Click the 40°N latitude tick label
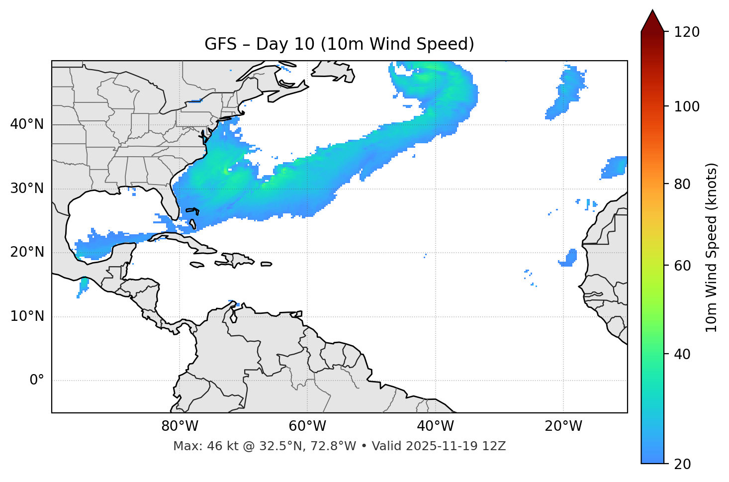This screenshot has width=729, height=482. tap(27, 124)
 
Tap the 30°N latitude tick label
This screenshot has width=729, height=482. tap(27, 189)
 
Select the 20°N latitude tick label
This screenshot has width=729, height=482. tap(27, 252)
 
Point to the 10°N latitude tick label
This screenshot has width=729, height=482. tap(27, 316)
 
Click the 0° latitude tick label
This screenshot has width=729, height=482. tap(37, 381)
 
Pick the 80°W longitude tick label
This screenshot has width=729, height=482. tap(180, 426)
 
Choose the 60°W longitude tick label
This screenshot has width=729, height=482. tap(307, 426)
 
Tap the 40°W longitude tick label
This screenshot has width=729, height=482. tap(435, 426)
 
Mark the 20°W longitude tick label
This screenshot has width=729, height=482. tap(563, 426)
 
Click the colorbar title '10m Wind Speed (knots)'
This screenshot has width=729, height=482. tap(712, 247)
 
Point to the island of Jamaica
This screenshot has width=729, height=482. tap(197, 265)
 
